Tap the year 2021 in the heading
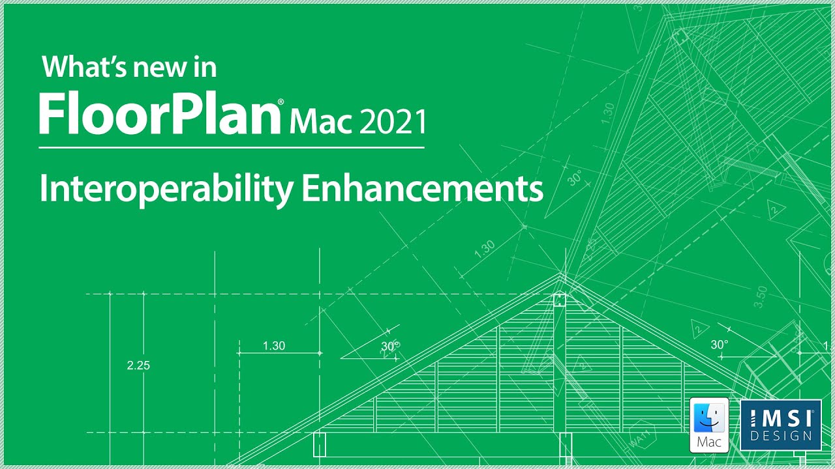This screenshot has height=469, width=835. (393, 122)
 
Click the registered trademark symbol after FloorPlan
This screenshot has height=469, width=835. (281, 102)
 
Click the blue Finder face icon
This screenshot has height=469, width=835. (709, 417)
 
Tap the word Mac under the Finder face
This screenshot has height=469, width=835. (709, 442)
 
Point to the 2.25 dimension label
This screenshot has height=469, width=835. (138, 365)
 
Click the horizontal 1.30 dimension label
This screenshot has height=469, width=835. (274, 346)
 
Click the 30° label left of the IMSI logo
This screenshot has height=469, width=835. (720, 345)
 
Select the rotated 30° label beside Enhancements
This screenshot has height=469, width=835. (575, 178)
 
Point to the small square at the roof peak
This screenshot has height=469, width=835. (559, 300)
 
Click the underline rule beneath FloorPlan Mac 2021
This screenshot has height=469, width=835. (232, 148)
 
